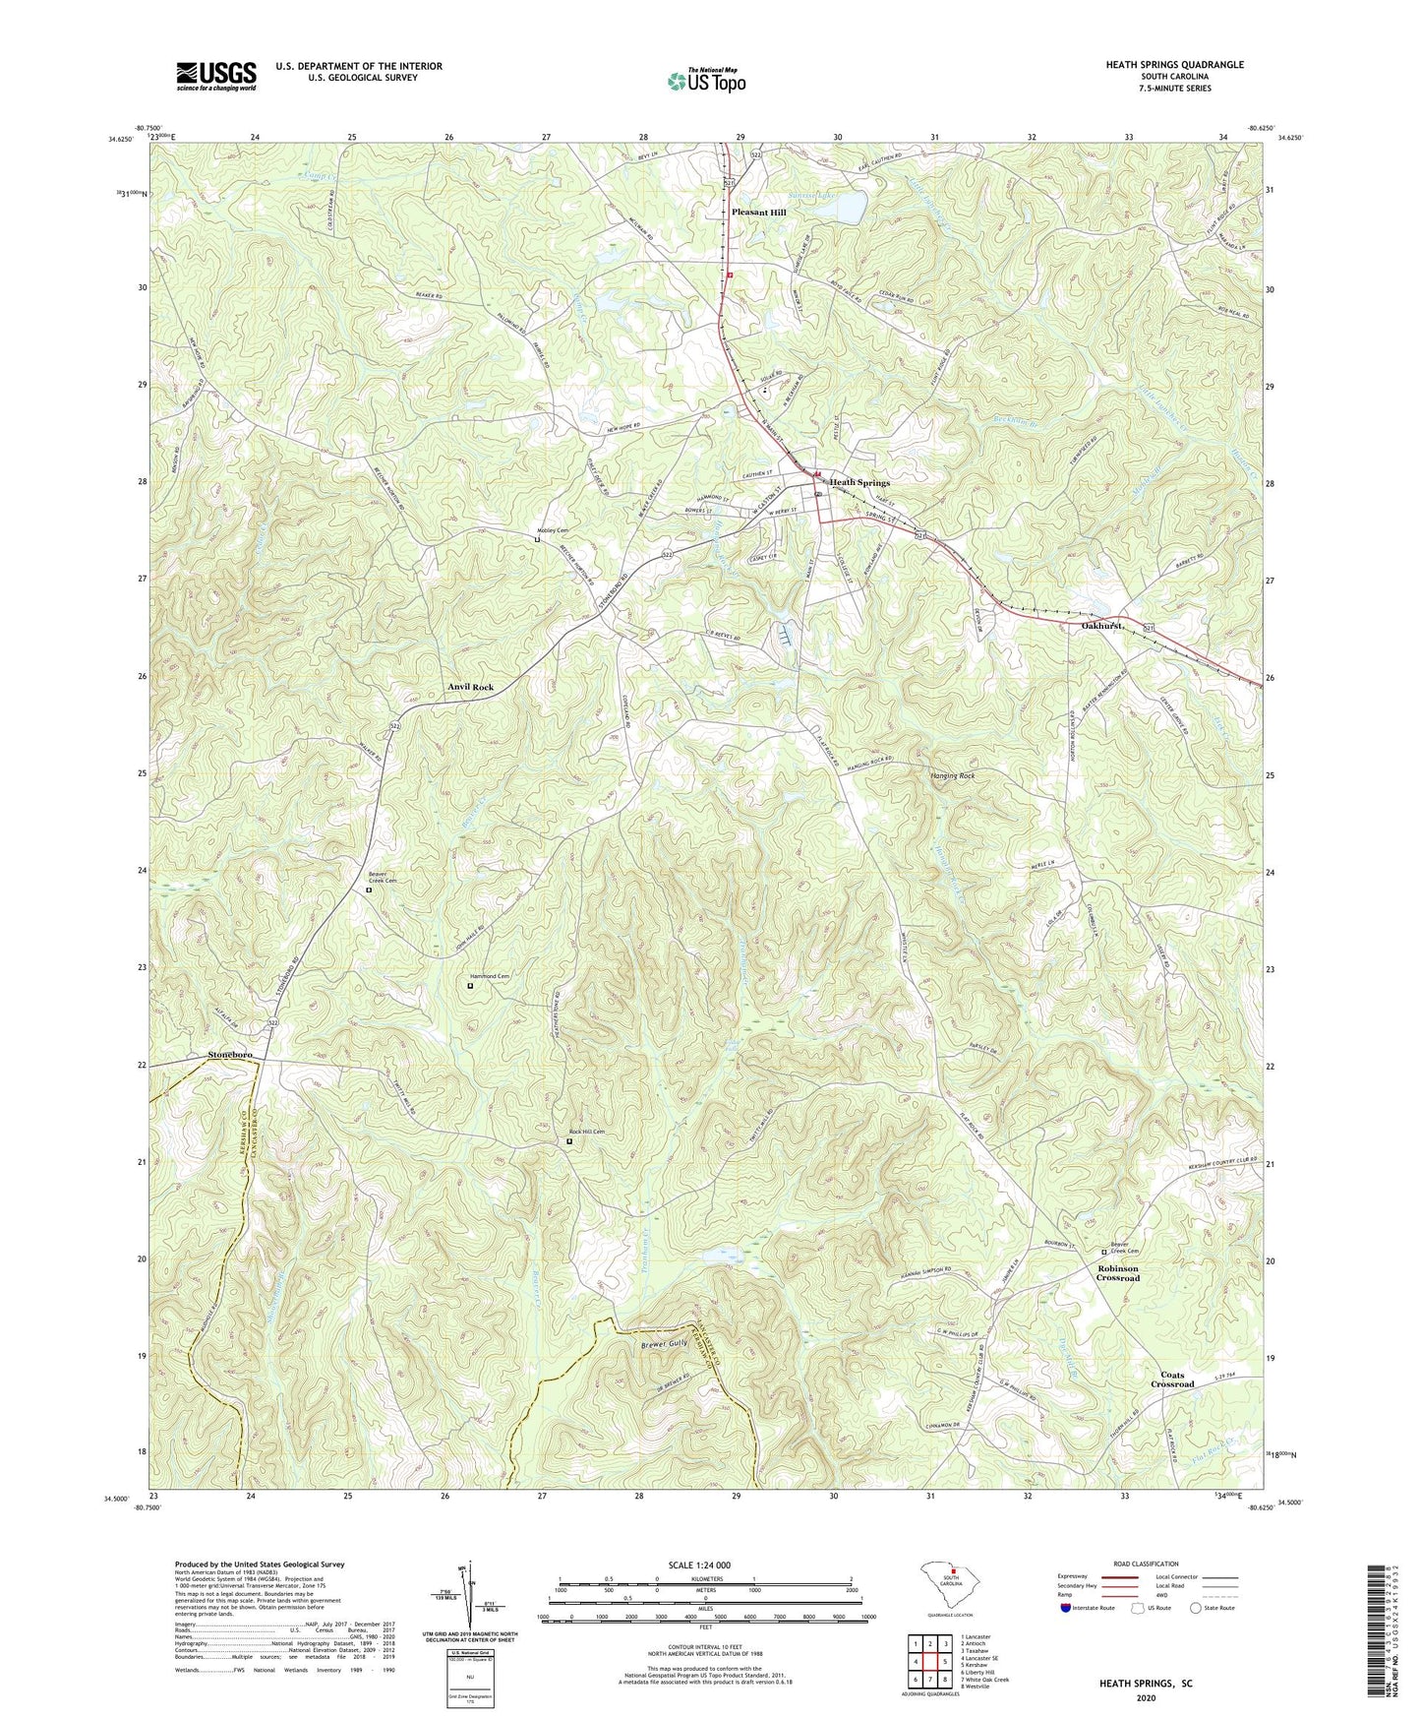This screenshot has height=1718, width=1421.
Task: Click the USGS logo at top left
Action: pos(216,75)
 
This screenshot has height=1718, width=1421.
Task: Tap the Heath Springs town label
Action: pos(859,483)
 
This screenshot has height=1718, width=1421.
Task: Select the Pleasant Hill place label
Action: pos(758,213)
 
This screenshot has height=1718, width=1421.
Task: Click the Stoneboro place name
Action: pos(230,1055)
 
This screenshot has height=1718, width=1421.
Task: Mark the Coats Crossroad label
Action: pos(1172,1380)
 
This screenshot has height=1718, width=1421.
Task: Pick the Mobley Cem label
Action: pos(552,530)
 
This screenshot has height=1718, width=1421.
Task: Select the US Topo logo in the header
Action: pos(704,80)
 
